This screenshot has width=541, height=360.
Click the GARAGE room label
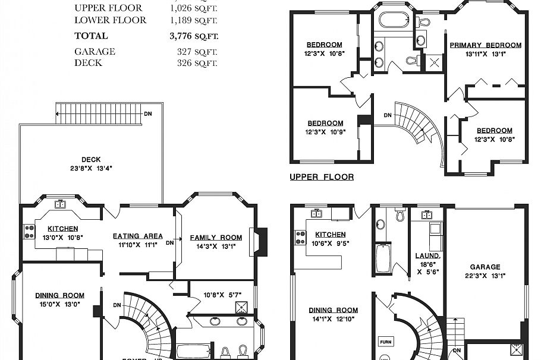[486, 267]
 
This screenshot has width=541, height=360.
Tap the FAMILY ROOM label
[216, 238]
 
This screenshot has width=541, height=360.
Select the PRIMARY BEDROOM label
[485, 45]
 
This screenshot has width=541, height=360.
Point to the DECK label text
[91, 159]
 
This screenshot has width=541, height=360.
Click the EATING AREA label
[137, 236]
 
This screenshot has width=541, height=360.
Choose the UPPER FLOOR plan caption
[321, 177]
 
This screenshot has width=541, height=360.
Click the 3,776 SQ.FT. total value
[194, 36]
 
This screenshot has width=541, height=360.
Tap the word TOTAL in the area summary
[91, 36]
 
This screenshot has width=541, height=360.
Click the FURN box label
[385, 342]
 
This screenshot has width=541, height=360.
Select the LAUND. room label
[427, 256]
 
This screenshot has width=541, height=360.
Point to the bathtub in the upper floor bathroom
[391, 20]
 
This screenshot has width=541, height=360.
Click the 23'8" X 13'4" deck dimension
[91, 168]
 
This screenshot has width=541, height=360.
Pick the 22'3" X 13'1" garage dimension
[486, 276]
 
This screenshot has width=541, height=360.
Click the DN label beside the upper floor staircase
[388, 115]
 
